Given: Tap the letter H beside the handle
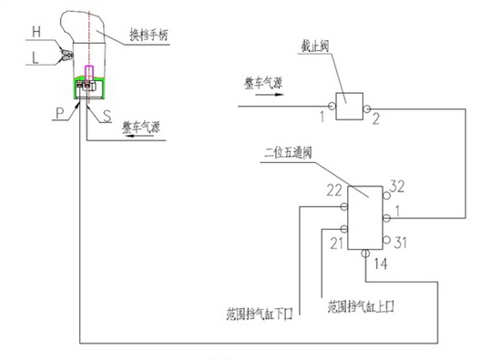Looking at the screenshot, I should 36,31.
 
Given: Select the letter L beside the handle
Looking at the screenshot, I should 36,56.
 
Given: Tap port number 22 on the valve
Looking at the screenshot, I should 333,190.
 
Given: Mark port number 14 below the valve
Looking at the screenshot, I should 380,263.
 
